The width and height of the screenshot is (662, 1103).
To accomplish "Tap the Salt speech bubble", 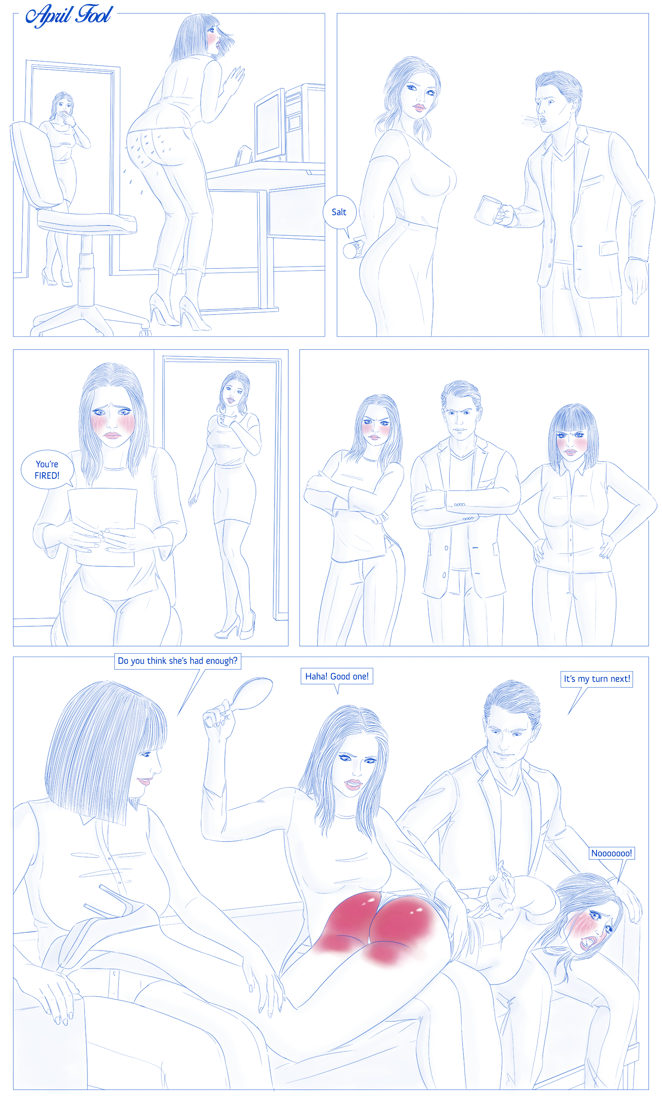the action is (340, 213).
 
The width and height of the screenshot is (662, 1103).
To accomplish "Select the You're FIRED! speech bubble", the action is (47, 469).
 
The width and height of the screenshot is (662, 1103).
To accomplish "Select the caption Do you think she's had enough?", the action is (177, 661).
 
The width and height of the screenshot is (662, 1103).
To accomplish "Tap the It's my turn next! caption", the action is (597, 679).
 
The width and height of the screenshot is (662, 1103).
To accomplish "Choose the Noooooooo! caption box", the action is (612, 853).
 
